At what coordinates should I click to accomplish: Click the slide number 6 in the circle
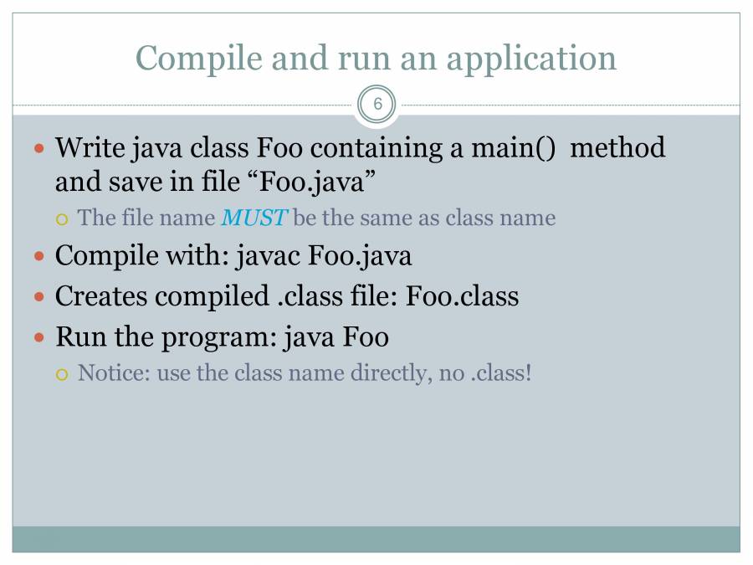click(x=377, y=104)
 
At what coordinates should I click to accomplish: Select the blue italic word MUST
click(x=254, y=218)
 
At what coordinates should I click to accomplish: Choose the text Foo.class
click(x=462, y=296)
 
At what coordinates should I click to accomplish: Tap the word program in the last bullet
click(x=219, y=338)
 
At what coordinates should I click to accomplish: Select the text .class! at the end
click(x=501, y=372)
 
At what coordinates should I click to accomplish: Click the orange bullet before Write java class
click(x=39, y=148)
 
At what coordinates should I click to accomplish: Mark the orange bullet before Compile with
click(x=39, y=256)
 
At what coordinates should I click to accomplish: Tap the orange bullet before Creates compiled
click(x=39, y=297)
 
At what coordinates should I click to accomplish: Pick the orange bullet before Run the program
click(x=39, y=337)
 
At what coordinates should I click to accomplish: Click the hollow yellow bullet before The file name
click(x=62, y=220)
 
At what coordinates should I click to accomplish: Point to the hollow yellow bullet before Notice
click(x=62, y=375)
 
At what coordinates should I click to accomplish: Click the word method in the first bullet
click(x=617, y=147)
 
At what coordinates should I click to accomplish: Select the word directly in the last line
click(x=388, y=373)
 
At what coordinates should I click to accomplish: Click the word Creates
click(x=101, y=296)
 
